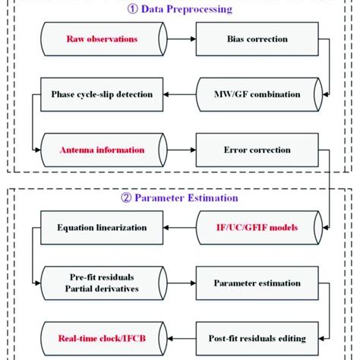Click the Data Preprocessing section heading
pos(181,10)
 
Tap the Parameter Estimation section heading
pos(181,198)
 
